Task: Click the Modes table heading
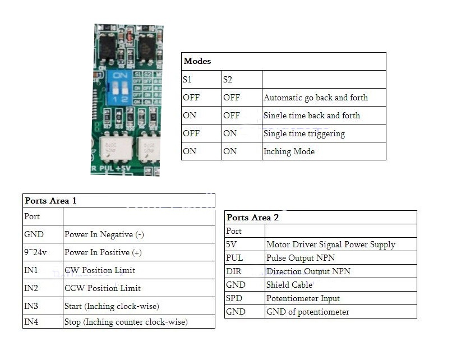click(x=197, y=61)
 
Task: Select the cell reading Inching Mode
click(x=289, y=151)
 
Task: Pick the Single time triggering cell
click(x=304, y=133)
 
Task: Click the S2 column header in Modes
click(x=228, y=80)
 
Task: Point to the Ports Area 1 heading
click(x=51, y=200)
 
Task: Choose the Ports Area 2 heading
click(x=253, y=217)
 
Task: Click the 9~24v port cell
click(x=35, y=252)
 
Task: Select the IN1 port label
click(x=31, y=270)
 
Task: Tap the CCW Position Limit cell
click(x=103, y=288)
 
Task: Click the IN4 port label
click(x=31, y=322)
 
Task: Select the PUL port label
click(x=234, y=258)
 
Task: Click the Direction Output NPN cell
click(x=308, y=271)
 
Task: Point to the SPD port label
click(x=234, y=298)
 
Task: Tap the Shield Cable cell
click(x=289, y=285)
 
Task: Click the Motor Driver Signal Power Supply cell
click(x=331, y=244)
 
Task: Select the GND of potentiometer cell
click(x=308, y=312)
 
